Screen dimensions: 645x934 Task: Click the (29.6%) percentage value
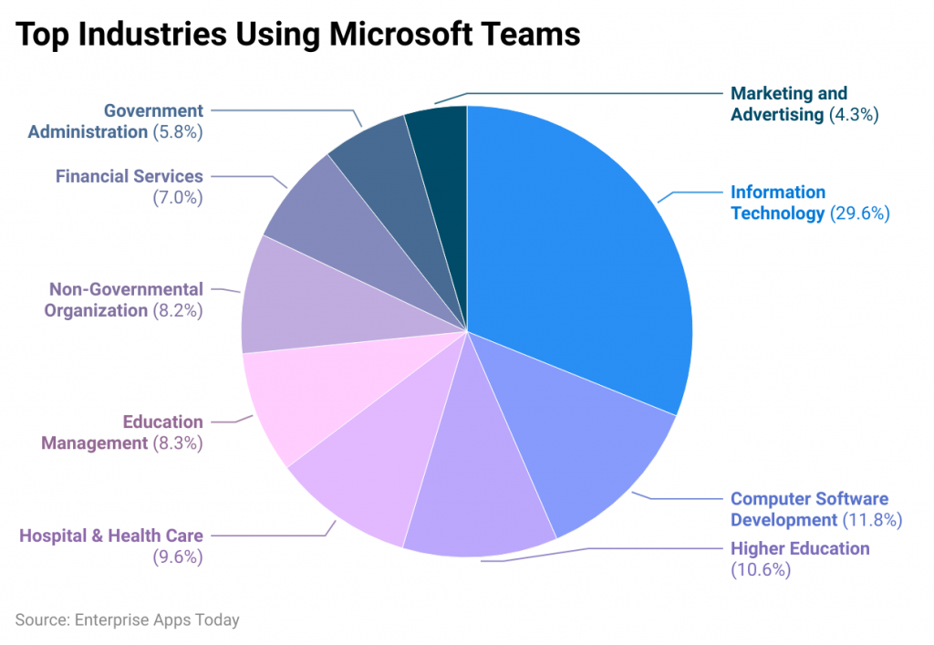point(859,214)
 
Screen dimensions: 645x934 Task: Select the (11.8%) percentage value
point(871,521)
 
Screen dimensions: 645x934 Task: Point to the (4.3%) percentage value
point(853,115)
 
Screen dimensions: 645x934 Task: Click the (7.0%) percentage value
point(178,198)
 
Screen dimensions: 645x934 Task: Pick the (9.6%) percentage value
point(178,557)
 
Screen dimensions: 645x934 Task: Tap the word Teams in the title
point(534,34)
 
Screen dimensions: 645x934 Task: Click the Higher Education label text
point(800,548)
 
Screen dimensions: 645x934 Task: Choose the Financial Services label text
point(130,176)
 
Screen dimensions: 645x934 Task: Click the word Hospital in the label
point(54,536)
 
